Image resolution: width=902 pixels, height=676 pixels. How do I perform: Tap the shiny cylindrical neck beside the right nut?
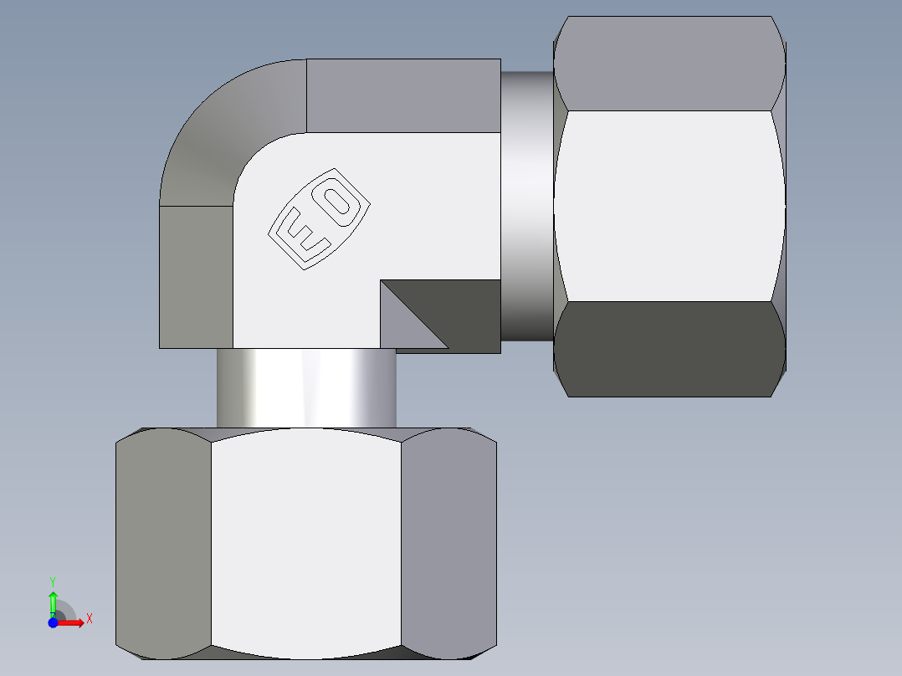click(526, 205)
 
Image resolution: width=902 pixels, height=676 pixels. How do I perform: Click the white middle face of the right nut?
click(669, 205)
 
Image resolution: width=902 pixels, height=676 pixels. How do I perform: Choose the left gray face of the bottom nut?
click(163, 540)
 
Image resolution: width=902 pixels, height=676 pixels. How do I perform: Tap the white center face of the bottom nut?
click(305, 540)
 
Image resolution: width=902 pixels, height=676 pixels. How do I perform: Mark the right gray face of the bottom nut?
click(448, 540)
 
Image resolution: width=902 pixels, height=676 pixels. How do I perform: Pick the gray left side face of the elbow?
click(196, 276)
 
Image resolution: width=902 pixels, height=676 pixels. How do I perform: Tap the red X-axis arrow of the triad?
click(73, 622)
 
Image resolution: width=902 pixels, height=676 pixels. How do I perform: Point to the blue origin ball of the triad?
click(53, 622)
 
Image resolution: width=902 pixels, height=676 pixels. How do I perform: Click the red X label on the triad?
click(89, 618)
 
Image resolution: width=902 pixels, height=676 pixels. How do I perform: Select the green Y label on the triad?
click(53, 581)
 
